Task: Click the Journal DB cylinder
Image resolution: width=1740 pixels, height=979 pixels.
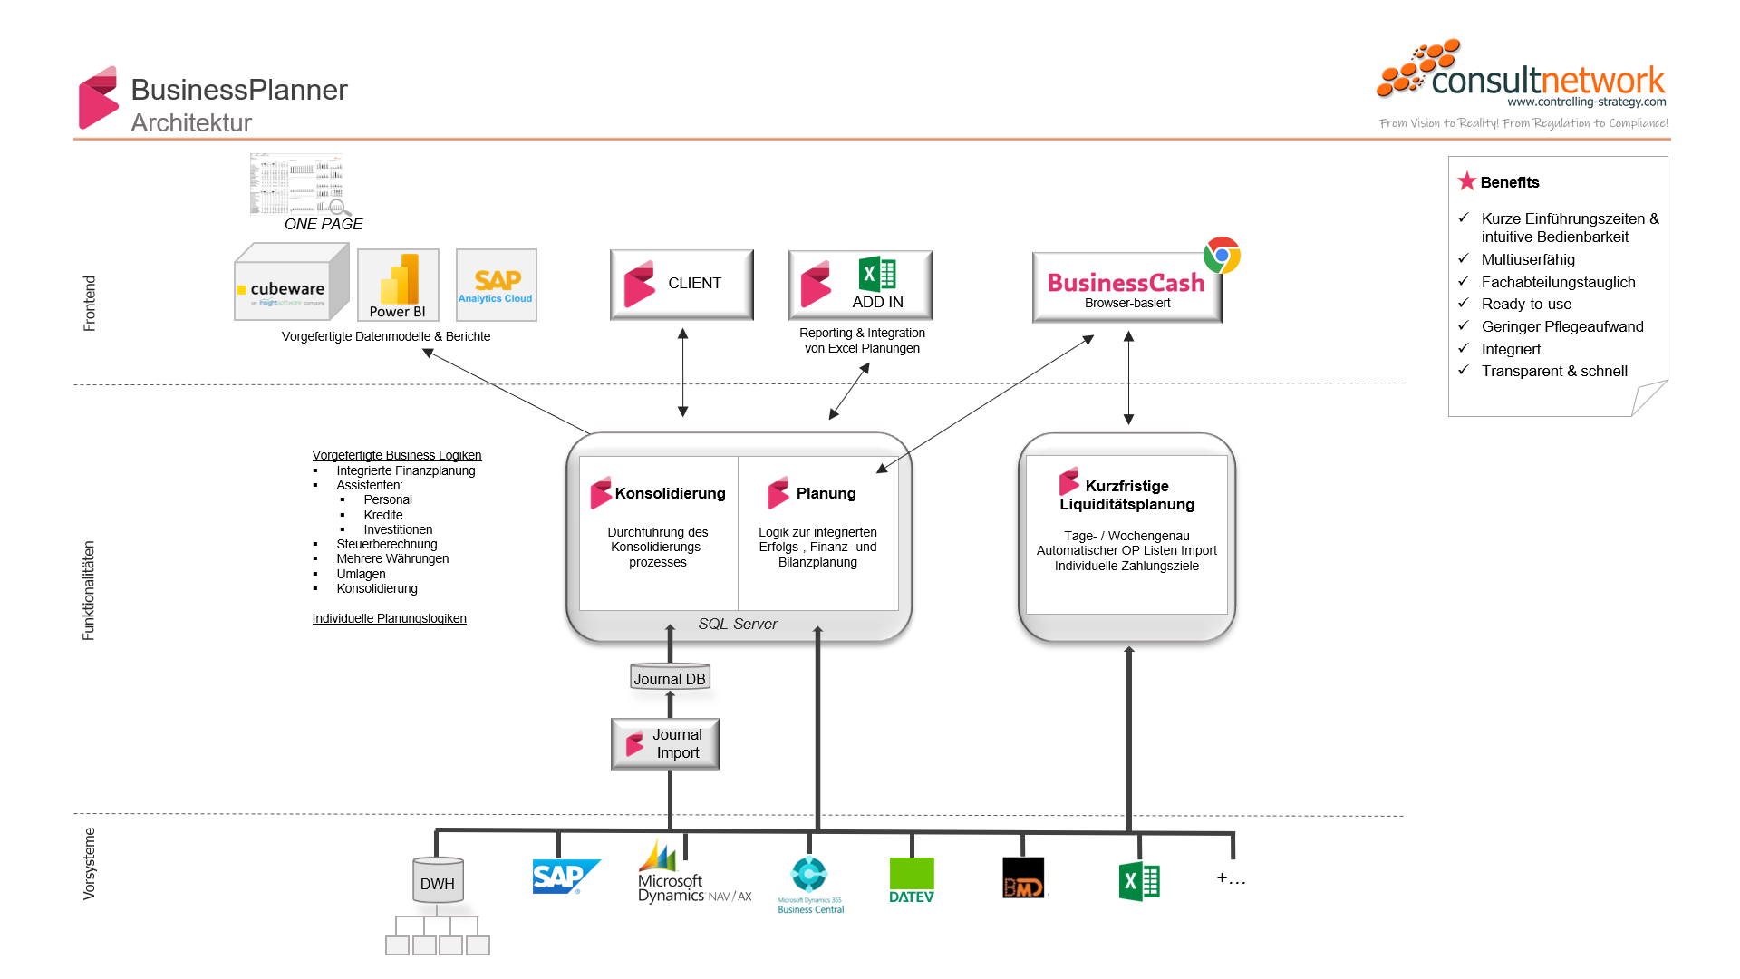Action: point(670,678)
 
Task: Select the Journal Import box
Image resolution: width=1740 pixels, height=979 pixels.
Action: point(665,744)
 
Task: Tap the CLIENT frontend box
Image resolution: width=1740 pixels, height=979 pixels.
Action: point(681,284)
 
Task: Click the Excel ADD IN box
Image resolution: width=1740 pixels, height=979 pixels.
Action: point(860,285)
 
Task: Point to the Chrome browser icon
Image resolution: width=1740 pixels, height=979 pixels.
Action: point(1222,256)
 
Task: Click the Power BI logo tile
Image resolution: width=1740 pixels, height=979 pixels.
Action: point(398,285)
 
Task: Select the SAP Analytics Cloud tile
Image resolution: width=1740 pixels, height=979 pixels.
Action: point(496,285)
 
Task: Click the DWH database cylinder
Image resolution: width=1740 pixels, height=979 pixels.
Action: point(438,881)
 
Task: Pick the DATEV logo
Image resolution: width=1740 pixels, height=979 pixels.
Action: point(911,880)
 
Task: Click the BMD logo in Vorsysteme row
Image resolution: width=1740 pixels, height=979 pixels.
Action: point(1023,878)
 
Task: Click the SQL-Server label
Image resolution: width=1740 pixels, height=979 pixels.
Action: point(738,624)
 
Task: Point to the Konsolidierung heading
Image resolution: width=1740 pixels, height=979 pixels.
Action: point(670,493)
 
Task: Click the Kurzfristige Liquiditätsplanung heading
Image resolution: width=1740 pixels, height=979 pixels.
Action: point(1126,495)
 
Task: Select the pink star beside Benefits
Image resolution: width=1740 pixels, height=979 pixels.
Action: point(1466,181)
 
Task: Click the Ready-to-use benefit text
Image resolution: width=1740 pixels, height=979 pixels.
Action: point(1526,304)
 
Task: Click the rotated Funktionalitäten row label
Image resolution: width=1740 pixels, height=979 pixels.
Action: point(88,590)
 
